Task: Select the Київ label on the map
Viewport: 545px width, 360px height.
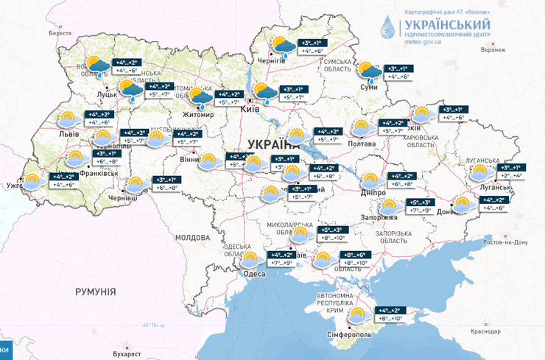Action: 249,109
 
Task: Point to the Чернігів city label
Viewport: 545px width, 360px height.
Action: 270,60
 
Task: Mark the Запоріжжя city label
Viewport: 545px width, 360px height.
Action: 379,217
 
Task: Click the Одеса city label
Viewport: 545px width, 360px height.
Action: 256,275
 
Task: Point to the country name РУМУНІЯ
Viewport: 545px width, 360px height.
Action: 96,292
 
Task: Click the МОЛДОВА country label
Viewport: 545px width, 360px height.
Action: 194,237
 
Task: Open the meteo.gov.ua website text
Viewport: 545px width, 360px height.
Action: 423,43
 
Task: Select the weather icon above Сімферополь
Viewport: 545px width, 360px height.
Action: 357,316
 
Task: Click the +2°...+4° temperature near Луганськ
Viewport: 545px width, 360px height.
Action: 512,176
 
